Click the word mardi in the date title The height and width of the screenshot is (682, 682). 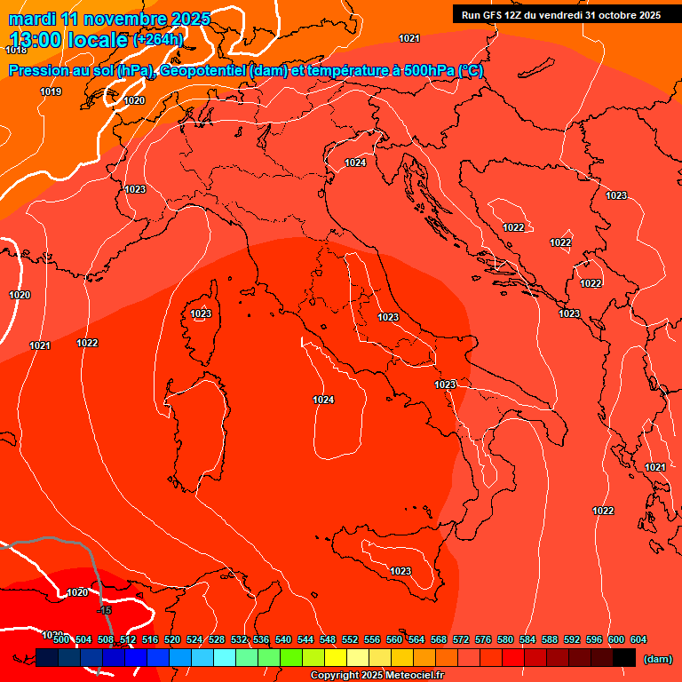(x=30, y=19)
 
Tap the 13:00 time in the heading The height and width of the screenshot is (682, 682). (x=36, y=40)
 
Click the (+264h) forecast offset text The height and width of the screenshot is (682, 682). (x=158, y=40)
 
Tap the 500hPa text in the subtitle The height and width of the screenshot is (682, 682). (x=429, y=71)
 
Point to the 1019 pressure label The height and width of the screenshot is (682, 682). (x=51, y=91)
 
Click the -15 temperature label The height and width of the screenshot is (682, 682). (x=105, y=610)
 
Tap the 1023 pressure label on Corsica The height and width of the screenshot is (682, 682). (x=201, y=313)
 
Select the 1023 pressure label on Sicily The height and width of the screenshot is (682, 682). (x=400, y=571)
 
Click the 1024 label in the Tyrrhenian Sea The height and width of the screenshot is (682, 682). (x=323, y=400)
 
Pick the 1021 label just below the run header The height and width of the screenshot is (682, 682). (x=409, y=38)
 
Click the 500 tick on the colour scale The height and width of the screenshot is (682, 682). (x=61, y=639)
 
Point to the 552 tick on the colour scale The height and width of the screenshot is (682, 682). (x=350, y=639)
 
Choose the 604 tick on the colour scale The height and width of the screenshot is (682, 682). (x=638, y=639)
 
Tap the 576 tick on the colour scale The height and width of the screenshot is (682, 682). (x=483, y=639)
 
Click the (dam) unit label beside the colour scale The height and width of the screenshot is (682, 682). (x=657, y=658)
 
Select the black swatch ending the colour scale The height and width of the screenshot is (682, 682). (x=623, y=658)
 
